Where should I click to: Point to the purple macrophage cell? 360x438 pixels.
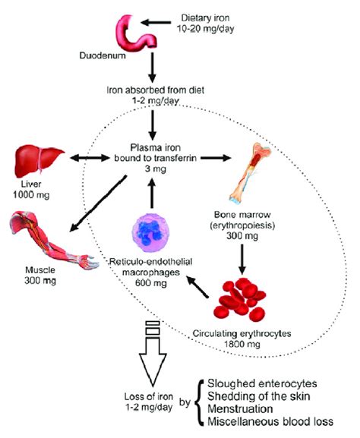[151, 232]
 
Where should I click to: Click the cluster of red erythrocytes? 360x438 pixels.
[240, 299]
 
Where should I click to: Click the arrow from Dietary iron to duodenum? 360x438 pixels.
[156, 22]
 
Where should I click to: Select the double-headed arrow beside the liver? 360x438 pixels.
[90, 158]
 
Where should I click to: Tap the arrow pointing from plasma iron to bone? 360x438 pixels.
[216, 158]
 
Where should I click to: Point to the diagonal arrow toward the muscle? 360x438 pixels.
[98, 203]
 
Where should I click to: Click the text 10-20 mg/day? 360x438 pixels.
[206, 29]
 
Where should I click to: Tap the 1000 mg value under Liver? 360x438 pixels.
[31, 194]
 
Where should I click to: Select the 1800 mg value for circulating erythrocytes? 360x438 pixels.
[242, 344]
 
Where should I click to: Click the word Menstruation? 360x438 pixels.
[240, 409]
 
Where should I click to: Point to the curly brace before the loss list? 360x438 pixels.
[199, 402]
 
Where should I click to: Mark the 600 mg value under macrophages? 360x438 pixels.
[151, 283]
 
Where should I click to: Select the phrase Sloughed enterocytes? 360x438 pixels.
[262, 383]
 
